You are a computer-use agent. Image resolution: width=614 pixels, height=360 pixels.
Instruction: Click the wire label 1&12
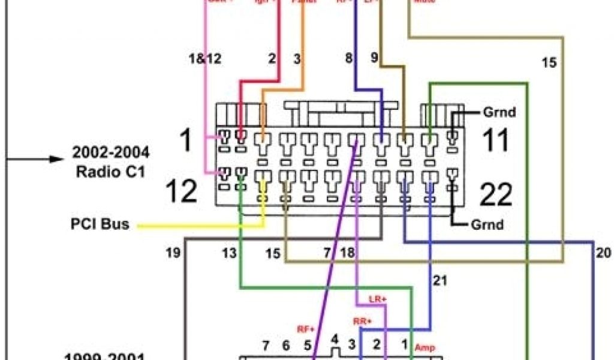click(x=204, y=59)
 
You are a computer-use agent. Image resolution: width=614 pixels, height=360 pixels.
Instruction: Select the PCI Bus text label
click(x=99, y=226)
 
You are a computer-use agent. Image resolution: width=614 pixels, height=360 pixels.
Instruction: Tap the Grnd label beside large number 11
click(x=499, y=112)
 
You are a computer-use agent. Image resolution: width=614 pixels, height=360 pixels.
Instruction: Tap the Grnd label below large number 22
click(x=486, y=226)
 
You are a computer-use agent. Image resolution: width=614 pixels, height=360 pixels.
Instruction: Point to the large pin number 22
click(x=496, y=194)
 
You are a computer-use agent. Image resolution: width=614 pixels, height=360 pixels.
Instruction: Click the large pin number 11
click(x=495, y=141)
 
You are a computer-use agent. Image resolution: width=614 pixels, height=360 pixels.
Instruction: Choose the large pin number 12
click(x=181, y=191)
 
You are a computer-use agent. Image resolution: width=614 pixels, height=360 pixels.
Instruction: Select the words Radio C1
click(x=112, y=171)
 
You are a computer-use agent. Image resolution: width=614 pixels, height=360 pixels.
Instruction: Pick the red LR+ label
click(x=377, y=299)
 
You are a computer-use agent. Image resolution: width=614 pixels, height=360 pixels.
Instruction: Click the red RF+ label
click(x=306, y=328)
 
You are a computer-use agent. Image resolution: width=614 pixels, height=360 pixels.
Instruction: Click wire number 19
click(x=173, y=253)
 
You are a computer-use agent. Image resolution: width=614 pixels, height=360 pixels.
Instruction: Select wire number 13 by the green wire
click(x=228, y=253)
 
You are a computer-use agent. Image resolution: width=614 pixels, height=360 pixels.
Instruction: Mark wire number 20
click(x=603, y=253)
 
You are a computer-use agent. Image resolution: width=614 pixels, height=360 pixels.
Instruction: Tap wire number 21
click(x=441, y=280)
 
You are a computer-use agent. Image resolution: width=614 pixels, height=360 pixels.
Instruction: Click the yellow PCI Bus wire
click(x=198, y=226)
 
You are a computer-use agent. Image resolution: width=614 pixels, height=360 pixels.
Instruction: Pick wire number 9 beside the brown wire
click(x=374, y=58)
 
